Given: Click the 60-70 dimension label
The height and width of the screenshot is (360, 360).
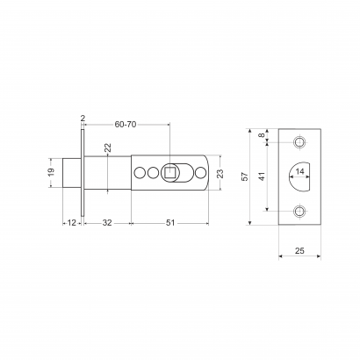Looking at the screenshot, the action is [126, 125].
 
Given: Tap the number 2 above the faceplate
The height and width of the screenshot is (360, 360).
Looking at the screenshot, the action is [83, 119].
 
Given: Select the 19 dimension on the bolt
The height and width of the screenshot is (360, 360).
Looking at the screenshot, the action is [51, 172].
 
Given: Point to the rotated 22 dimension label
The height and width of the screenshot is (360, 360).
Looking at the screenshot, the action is [108, 148].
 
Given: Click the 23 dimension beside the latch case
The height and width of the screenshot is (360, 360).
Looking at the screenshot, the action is [220, 173].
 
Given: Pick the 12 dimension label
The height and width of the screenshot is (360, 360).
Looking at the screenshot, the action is [72, 223].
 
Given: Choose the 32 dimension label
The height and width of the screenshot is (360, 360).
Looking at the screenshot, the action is [107, 223].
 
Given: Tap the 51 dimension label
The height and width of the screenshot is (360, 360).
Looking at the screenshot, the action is [170, 223].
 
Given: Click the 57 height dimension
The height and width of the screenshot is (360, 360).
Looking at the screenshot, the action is [245, 176].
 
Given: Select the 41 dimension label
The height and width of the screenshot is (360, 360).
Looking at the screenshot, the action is [262, 176].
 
